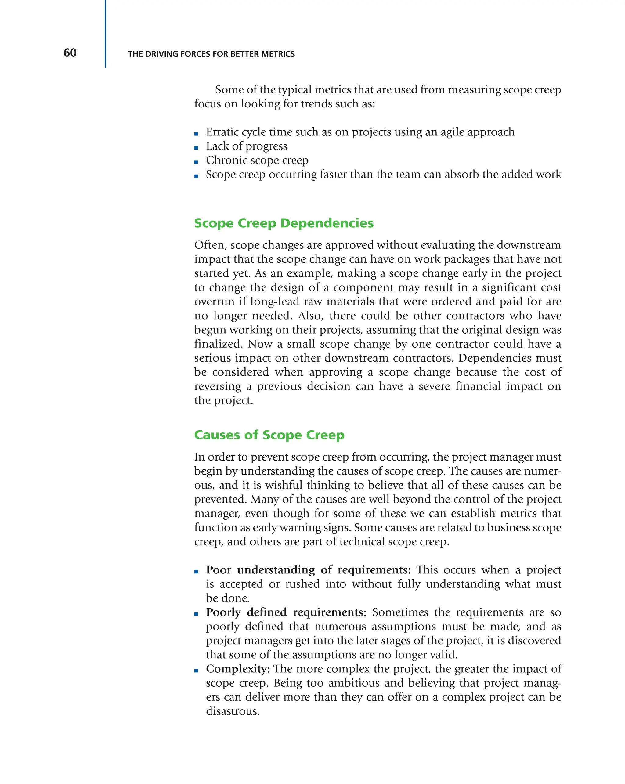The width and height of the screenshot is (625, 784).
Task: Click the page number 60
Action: [x=70, y=53]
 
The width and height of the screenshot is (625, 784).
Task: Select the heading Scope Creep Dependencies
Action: [x=284, y=223]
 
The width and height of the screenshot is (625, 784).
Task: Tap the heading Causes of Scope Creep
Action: [x=269, y=435]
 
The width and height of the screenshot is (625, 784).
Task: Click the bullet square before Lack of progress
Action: [x=196, y=148]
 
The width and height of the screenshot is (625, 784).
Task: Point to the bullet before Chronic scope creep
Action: [x=196, y=162]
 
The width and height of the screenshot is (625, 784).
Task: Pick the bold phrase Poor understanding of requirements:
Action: [x=308, y=569]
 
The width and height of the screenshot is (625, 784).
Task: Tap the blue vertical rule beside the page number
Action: [x=106, y=34]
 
